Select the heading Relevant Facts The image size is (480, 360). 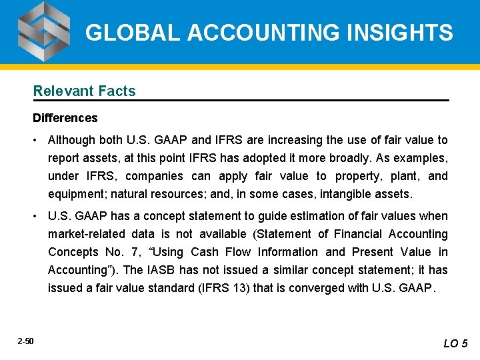(84, 91)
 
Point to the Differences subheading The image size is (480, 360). (65, 118)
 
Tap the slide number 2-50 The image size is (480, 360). (26, 341)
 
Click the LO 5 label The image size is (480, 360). (456, 343)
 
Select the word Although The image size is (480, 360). (71, 140)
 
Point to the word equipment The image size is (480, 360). (75, 194)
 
